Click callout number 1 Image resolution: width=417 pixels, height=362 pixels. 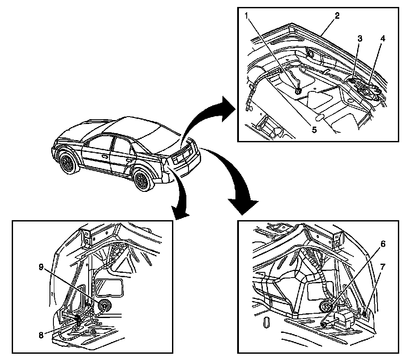pyautogui.click(x=246, y=17)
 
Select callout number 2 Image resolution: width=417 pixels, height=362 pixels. pyautogui.click(x=337, y=16)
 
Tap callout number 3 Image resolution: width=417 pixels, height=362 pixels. pyautogui.click(x=359, y=39)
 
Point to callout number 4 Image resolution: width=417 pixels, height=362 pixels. pyautogui.click(x=382, y=38)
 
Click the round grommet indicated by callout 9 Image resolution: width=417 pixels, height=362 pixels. pyautogui.click(x=104, y=306)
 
